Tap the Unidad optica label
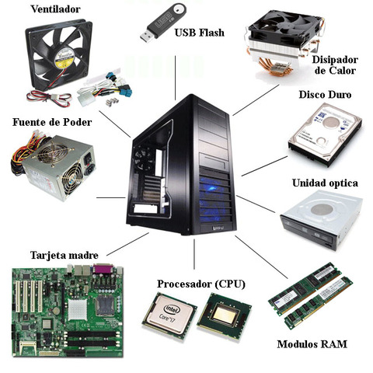325,183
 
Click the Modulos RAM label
312,344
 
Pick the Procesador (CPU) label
200,284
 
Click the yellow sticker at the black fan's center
63,54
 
